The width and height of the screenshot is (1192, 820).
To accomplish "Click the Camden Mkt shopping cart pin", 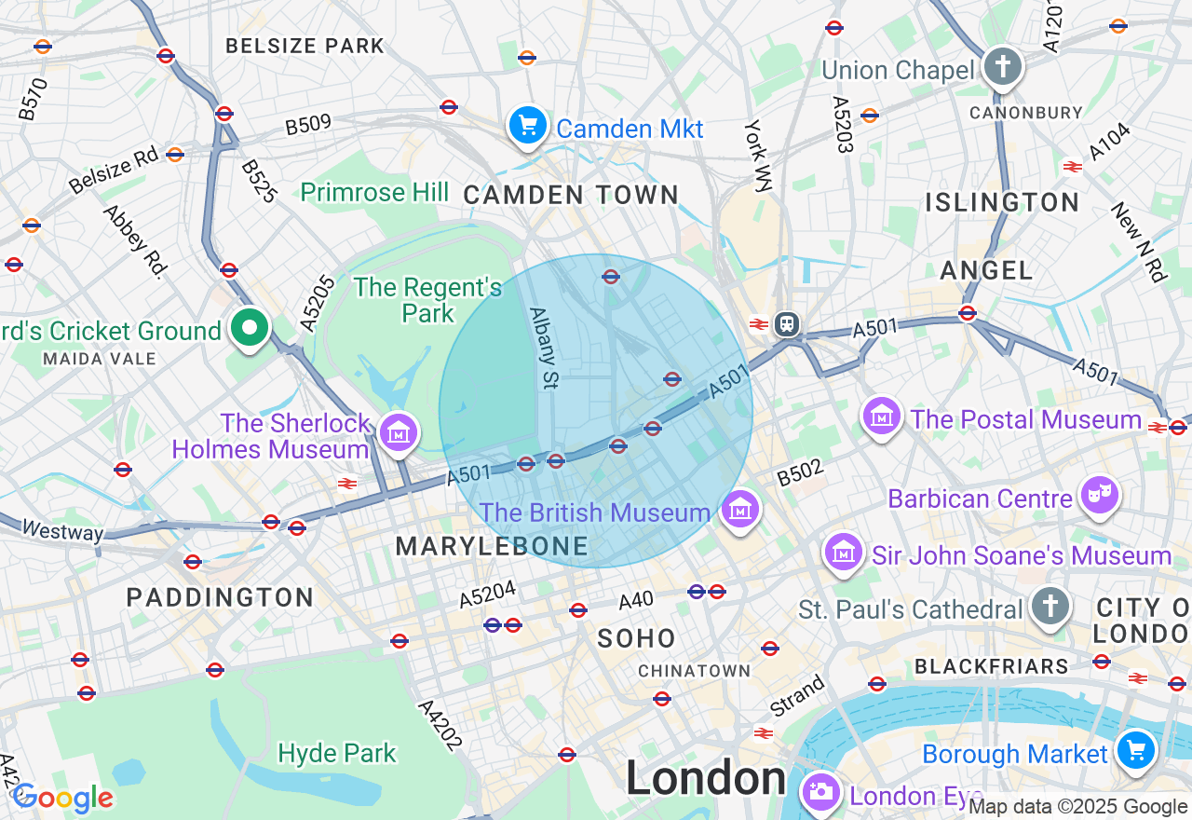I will pos(528,125).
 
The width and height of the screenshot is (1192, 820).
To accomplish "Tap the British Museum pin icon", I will pos(740,510).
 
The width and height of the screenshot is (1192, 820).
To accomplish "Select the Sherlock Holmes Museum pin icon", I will pos(399,432).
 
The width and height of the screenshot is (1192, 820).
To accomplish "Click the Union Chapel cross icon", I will pos(1003,66).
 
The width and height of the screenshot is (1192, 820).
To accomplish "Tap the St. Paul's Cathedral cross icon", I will pos(1050,607).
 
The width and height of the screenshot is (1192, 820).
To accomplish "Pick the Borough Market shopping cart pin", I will pos(1135,749).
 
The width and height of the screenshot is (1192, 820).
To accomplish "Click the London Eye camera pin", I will pos(820,792).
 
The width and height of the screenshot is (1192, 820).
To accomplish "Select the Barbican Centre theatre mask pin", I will pos(1099,495).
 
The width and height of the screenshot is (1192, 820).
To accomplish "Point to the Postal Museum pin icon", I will pos(880,416).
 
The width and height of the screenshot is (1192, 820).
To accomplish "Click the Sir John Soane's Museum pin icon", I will pos(844,553).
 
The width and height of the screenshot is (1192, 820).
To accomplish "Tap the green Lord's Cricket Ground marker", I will pos(249,328).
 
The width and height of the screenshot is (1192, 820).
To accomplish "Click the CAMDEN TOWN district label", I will pos(571,195).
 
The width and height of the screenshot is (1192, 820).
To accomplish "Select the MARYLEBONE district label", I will pos(492,547).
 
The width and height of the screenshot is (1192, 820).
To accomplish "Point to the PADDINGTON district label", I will pos(221,597).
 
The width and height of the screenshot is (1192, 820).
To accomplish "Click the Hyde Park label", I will pos(337,753).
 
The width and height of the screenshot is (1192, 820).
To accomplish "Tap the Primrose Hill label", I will pos(374,193).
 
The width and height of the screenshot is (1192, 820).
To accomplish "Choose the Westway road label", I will pos(62,531).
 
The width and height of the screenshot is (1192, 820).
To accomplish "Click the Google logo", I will pos(63,798).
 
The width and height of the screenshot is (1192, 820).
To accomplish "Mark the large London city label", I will pos(706,778).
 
